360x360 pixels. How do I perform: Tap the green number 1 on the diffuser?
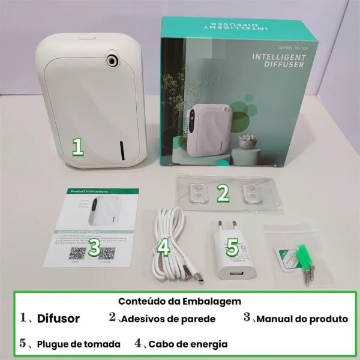(x=77, y=146)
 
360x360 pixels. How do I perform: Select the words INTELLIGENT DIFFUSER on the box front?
(x=280, y=61)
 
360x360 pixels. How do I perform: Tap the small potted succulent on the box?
(x=246, y=142)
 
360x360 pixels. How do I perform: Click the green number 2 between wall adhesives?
(x=223, y=193)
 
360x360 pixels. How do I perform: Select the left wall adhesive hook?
(x=196, y=193)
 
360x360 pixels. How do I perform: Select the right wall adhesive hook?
(x=250, y=193)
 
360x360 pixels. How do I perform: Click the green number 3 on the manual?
(x=94, y=248)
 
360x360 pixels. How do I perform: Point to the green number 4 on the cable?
(x=164, y=247)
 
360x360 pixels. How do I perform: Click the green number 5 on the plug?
(x=233, y=246)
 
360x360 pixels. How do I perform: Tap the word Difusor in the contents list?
(x=58, y=319)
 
